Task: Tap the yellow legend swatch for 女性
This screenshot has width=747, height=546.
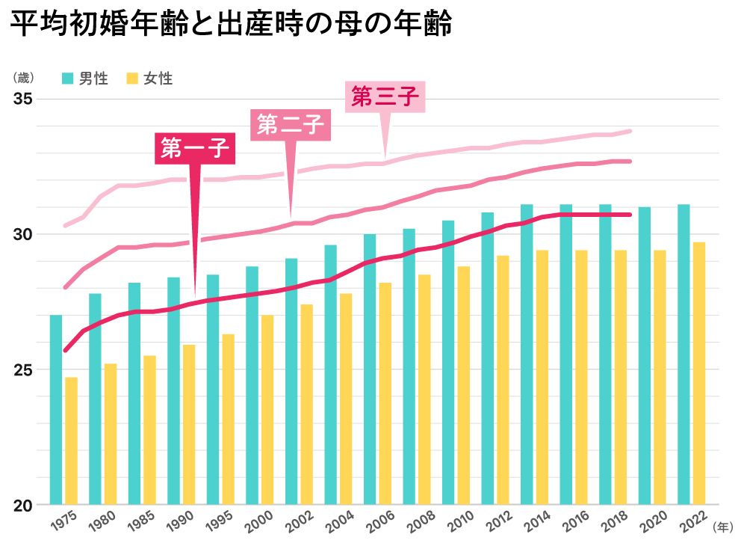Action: coord(133,78)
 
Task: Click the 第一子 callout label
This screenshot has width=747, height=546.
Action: coord(195,149)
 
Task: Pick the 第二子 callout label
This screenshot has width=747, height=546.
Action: coord(290,124)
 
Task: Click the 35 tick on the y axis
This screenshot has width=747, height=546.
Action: coord(24,99)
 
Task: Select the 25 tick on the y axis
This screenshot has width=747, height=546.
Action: coord(24,369)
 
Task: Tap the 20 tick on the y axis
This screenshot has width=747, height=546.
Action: coord(24,505)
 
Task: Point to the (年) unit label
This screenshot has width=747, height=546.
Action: coord(723,527)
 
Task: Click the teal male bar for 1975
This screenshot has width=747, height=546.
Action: coord(56,410)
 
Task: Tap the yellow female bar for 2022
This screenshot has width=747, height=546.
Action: coord(699,373)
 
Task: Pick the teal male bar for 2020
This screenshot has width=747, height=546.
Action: coord(645,356)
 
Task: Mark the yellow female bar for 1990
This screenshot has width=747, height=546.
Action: coord(189,424)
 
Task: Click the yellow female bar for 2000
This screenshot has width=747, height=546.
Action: coord(267,410)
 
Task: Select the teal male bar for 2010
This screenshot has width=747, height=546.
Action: coord(448,363)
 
